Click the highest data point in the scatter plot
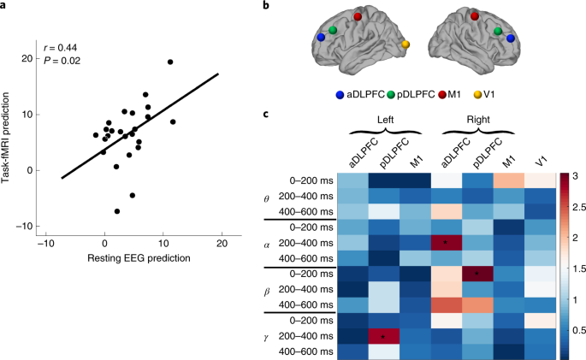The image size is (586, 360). pos(170,62)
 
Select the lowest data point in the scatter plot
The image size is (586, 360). pos(117,211)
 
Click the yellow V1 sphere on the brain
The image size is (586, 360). pos(405,44)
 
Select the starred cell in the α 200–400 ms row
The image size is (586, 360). pos(447,244)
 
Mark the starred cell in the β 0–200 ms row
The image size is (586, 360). pos(475,274)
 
